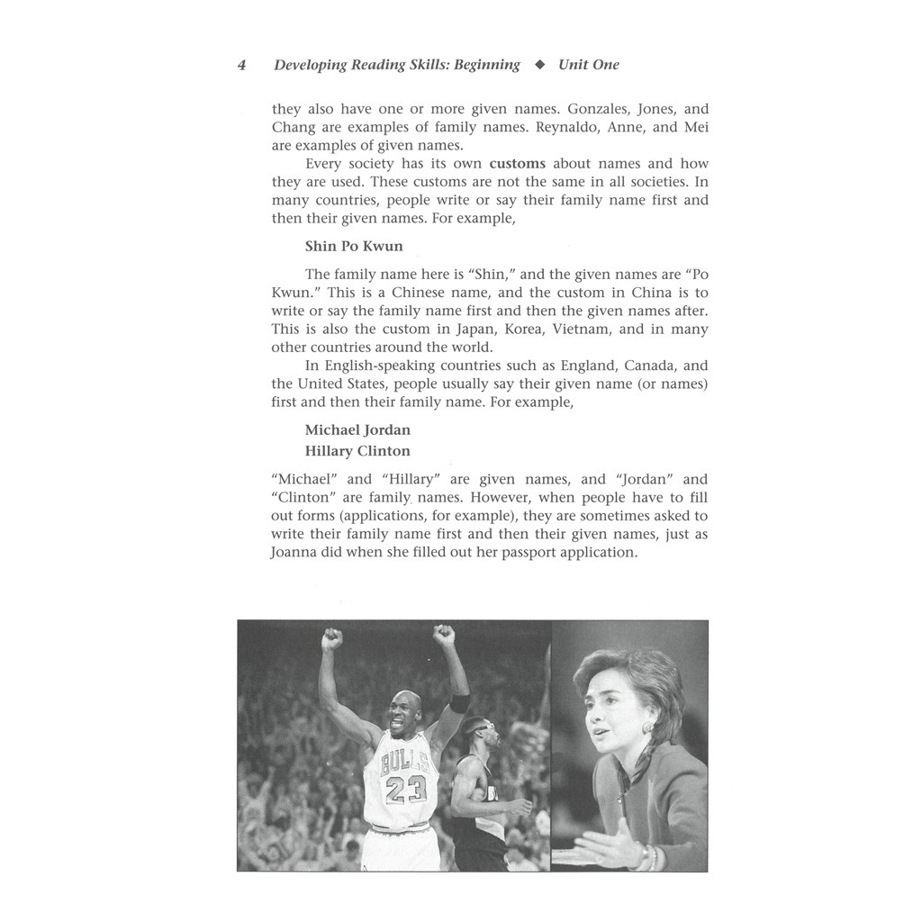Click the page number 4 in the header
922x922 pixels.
pos(241,65)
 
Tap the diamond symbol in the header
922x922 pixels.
pos(539,65)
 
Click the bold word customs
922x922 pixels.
pos(518,164)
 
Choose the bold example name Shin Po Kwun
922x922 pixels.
pos(354,246)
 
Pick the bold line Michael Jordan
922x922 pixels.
pos(357,430)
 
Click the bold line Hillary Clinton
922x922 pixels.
pos(357,451)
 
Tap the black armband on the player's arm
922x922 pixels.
pos(459,703)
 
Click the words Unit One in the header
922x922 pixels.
pos(589,65)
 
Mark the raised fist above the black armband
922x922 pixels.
pos(443,637)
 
